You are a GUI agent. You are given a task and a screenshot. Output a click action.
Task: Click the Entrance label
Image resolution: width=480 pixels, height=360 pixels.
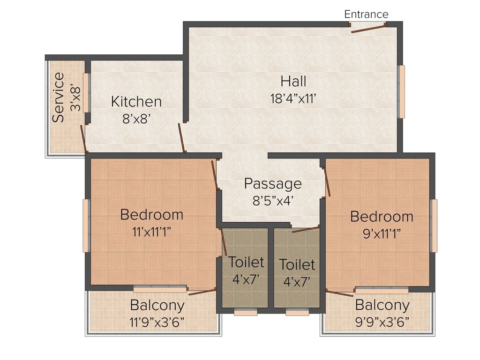click(366, 14)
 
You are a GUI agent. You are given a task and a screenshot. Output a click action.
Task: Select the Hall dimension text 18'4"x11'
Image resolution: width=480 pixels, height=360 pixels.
click(293, 99)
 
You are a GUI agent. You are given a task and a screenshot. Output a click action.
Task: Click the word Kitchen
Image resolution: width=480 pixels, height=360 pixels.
click(136, 101)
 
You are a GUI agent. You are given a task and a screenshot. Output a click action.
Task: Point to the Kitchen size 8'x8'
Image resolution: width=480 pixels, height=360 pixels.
click(136, 119)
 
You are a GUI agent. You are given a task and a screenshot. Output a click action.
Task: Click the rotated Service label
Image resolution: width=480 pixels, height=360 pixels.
click(59, 97)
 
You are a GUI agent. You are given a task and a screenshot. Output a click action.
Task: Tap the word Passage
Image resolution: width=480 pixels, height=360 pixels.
click(273, 183)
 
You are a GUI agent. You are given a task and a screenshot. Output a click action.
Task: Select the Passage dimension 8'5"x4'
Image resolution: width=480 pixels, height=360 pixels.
click(273, 201)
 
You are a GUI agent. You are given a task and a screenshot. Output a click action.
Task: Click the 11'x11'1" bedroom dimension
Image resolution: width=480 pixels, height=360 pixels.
click(151, 232)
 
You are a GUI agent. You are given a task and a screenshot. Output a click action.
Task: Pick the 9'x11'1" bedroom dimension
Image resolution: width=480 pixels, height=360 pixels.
click(382, 234)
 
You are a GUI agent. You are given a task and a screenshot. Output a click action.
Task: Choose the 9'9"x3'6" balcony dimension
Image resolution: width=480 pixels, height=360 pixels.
click(382, 322)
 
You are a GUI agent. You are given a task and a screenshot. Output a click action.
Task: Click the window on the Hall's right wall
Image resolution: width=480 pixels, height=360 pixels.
click(402, 91)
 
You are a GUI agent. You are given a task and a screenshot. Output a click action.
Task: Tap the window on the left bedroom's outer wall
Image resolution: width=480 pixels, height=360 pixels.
click(86, 225)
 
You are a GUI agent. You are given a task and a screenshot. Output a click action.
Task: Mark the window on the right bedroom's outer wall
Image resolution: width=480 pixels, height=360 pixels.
click(434, 225)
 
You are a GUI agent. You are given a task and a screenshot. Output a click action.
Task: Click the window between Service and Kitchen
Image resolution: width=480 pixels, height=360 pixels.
click(86, 92)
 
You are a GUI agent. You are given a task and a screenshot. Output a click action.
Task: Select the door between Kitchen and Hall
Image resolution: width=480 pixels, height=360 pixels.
click(181, 138)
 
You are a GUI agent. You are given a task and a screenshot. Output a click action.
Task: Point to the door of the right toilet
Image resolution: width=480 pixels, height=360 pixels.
click(305, 229)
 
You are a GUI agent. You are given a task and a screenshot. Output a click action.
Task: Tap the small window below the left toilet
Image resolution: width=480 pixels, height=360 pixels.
click(246, 313)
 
